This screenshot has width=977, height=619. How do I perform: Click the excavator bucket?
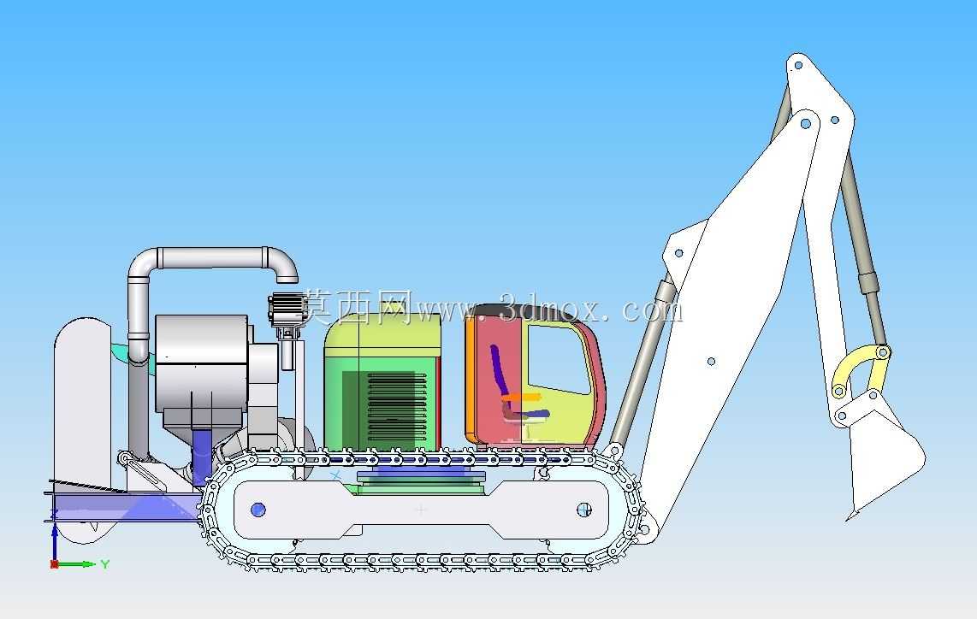click(x=885, y=448)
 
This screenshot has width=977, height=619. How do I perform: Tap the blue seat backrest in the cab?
click(x=499, y=369)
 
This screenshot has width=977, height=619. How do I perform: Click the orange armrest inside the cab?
click(x=522, y=397)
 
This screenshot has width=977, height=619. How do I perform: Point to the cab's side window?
click(x=559, y=359)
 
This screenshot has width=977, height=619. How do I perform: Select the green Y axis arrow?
click(x=77, y=564)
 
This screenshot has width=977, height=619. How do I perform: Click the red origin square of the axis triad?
click(x=54, y=564)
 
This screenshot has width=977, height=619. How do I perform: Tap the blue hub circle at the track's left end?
click(x=258, y=510)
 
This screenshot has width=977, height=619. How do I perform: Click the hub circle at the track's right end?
click(x=583, y=510)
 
